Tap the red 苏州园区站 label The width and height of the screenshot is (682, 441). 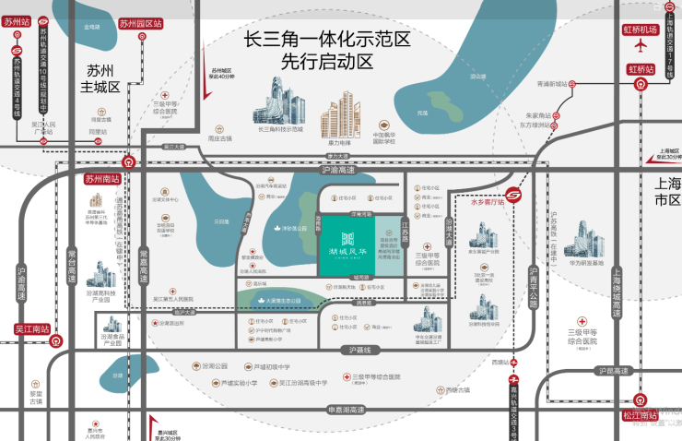[x=141, y=23]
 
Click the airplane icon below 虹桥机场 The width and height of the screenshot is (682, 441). [x=641, y=49]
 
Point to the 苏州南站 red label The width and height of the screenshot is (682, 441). [x=103, y=179]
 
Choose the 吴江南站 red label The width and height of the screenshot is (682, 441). [x=31, y=328]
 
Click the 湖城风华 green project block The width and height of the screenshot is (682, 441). [x=347, y=244]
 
